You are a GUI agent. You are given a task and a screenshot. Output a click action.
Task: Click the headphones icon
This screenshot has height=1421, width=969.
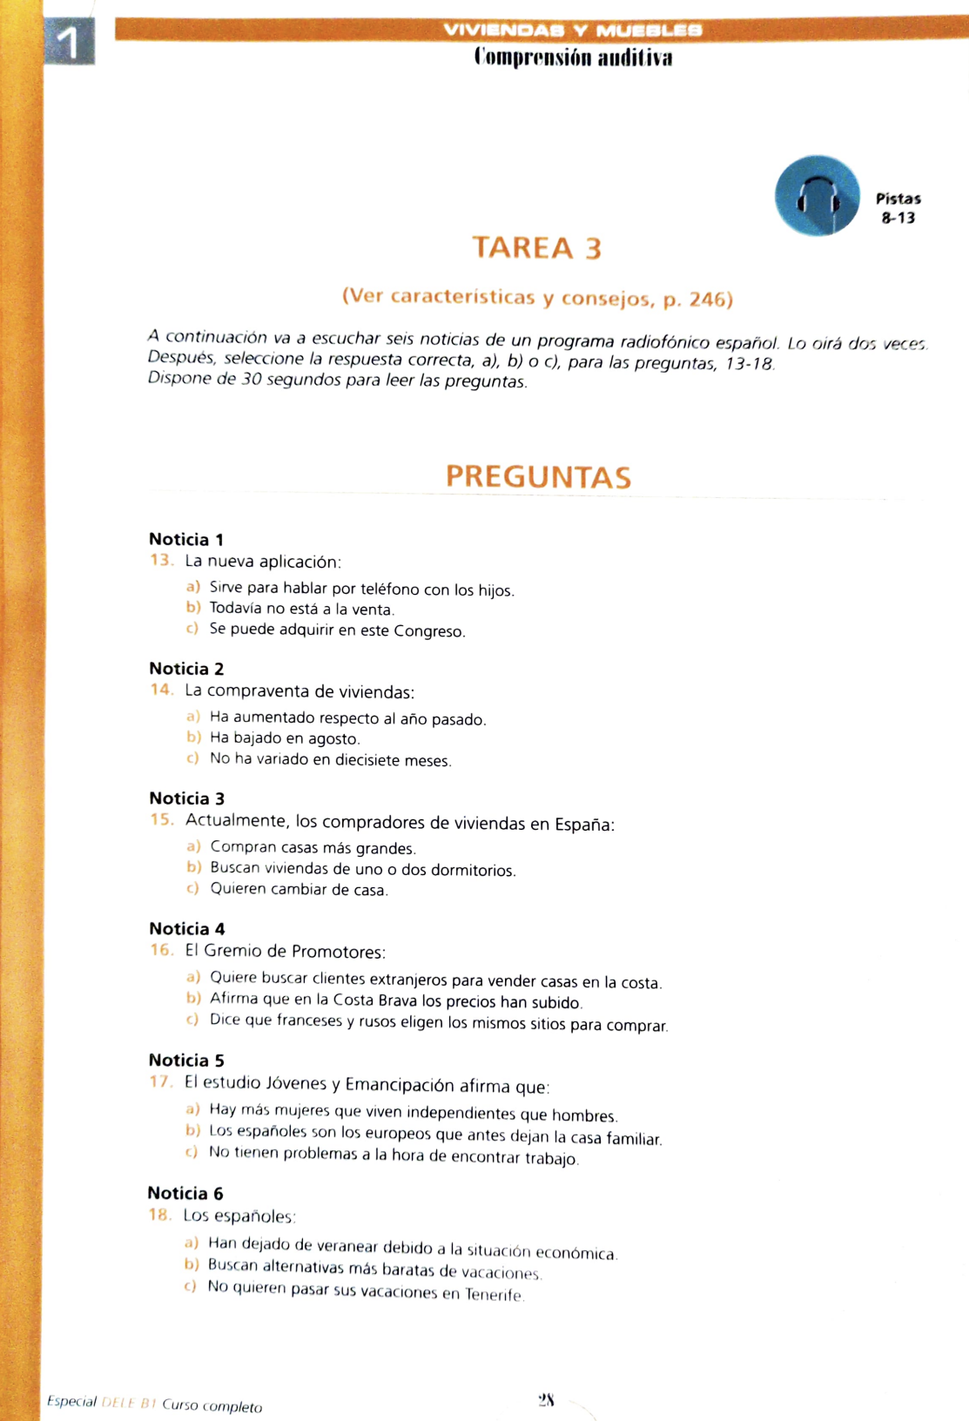817,196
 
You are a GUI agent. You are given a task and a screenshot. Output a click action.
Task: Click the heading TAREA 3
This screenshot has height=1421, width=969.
537,248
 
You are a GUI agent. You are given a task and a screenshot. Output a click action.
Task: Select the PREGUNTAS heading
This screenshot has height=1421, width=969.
538,477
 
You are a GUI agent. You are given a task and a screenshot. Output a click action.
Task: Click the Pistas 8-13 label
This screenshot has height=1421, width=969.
898,208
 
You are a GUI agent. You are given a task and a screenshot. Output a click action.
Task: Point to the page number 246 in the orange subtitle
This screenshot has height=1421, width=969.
707,300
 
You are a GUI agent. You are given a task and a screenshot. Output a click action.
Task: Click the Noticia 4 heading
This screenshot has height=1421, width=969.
186,928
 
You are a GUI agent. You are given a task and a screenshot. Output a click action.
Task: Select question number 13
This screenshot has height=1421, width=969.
161,560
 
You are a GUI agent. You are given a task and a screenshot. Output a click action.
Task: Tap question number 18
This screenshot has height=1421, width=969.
159,1215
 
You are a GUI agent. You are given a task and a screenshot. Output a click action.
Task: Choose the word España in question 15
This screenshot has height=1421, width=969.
584,825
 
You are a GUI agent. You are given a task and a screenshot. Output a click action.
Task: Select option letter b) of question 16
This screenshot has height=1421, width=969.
193,998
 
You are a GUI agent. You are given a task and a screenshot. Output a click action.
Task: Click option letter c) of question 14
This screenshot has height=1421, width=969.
192,758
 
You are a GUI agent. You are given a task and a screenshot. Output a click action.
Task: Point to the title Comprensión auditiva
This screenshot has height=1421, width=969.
573,58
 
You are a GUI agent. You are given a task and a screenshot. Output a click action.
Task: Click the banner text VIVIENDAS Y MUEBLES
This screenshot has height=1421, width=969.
572,30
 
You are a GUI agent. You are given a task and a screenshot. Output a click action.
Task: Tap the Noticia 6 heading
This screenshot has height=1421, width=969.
185,1193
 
